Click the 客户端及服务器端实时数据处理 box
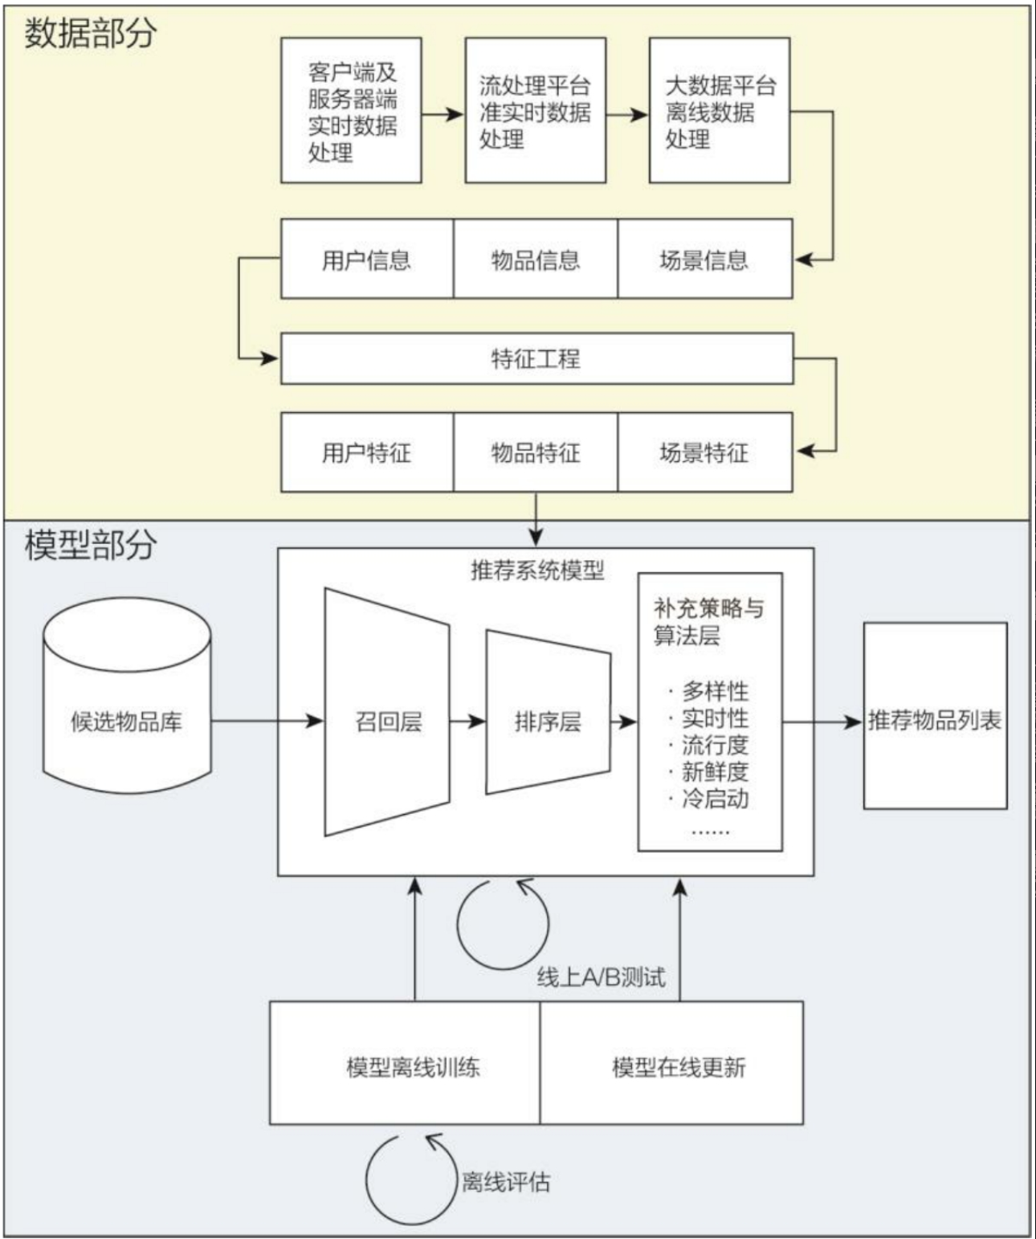(351, 111)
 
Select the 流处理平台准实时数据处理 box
(535, 111)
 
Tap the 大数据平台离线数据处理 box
(719, 111)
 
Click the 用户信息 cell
(366, 260)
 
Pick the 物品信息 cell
(535, 260)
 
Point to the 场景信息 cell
(704, 260)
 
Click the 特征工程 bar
(536, 358)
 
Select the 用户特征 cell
(366, 452)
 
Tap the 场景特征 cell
(704, 452)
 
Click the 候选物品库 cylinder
(126, 721)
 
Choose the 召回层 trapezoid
(388, 721)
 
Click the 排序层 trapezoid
(548, 721)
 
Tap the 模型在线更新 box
(679, 1066)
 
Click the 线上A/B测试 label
(601, 977)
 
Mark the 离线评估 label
(506, 1181)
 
